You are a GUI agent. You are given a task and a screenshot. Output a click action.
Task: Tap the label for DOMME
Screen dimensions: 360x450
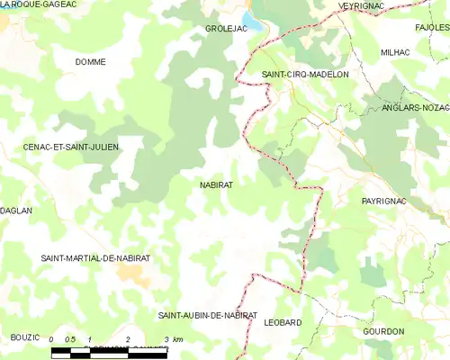point(91,62)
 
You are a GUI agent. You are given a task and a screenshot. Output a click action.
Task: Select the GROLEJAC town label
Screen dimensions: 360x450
point(226,29)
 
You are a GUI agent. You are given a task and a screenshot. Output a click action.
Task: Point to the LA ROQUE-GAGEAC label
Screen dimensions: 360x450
point(38,4)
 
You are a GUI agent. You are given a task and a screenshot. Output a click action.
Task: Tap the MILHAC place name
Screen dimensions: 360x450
point(395,53)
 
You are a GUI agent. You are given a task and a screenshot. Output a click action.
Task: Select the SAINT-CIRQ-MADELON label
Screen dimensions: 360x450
point(304,75)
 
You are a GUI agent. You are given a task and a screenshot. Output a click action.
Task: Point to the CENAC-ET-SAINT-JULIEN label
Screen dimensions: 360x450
point(72,146)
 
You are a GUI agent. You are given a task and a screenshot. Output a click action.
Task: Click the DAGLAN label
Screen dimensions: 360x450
point(17,211)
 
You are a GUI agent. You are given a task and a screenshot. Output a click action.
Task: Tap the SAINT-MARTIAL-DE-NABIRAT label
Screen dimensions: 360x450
point(95,258)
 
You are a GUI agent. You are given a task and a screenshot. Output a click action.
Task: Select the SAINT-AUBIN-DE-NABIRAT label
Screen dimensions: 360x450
point(208,316)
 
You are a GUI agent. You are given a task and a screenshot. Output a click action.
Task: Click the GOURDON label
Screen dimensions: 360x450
point(383,331)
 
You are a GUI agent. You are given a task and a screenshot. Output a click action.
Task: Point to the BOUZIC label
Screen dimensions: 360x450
point(25,337)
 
